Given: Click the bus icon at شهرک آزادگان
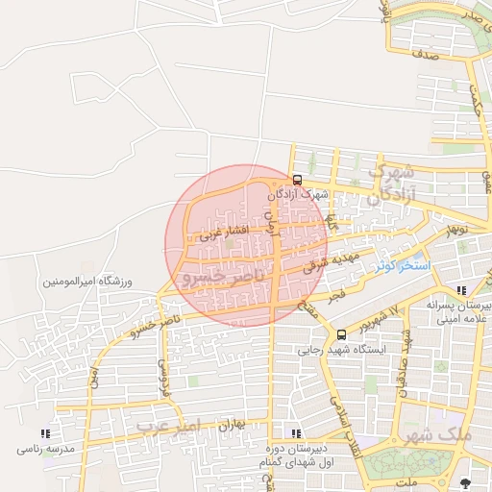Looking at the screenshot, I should point(297,180).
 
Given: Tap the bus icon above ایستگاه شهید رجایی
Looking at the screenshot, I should point(341,334).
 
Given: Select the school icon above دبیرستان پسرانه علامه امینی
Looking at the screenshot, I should point(461,289).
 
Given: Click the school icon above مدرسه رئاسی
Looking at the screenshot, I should point(44,433).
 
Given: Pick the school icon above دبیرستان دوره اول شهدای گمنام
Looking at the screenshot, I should point(295,433).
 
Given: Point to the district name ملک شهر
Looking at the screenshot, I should point(440,433).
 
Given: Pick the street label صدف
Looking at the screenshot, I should point(424,56).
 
